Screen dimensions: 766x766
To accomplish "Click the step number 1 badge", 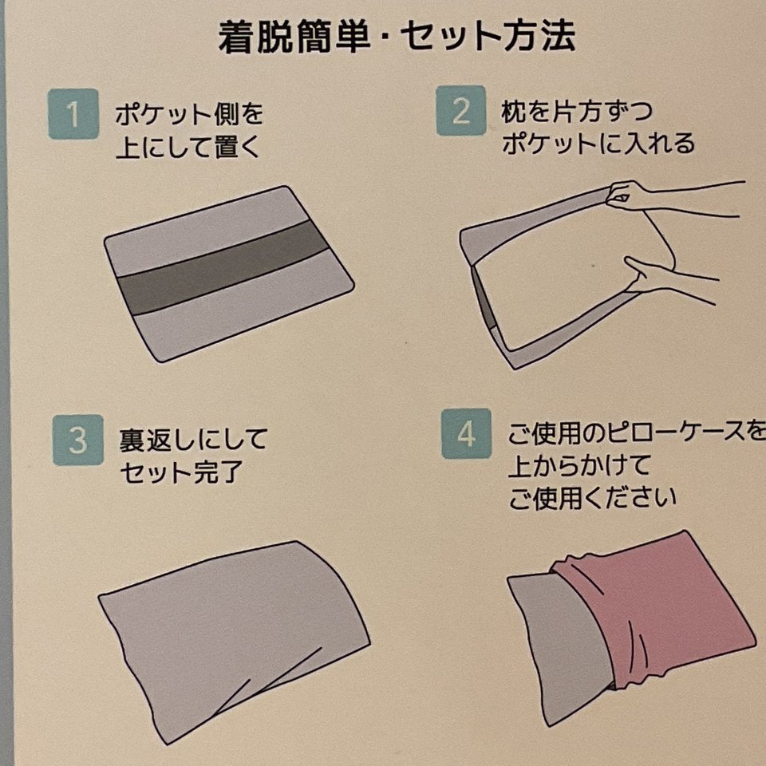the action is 73,114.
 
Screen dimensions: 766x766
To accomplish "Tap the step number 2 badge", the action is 460,111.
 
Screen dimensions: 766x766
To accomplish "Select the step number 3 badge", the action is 78,440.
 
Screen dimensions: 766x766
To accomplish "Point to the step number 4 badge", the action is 466,433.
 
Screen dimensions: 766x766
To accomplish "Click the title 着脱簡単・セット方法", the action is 397,37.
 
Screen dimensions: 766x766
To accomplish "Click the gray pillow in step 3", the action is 235,640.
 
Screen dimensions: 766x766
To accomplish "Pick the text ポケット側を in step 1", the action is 190,114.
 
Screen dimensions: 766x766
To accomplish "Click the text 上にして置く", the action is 188,147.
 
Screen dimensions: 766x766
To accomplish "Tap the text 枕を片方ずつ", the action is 576,112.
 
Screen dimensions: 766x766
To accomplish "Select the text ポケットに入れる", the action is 598,144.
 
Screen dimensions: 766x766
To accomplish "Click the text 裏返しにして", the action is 193,440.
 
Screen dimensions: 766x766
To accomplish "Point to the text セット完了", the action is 181,472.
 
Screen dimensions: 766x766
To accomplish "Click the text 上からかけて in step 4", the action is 579,465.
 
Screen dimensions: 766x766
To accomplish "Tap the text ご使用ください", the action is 593,498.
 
